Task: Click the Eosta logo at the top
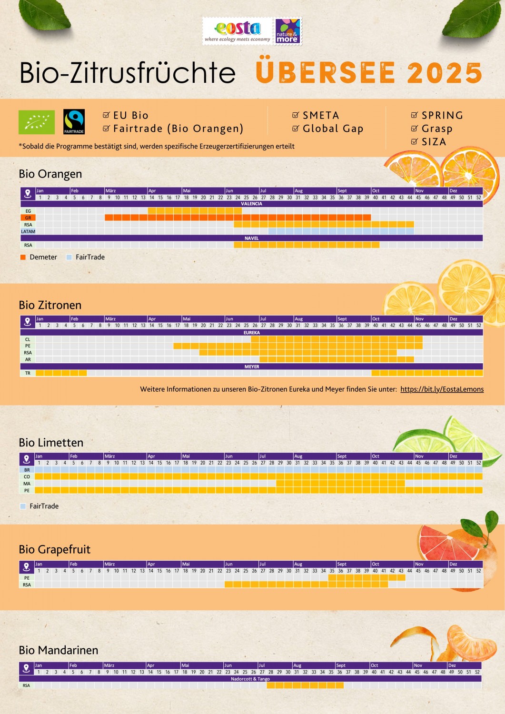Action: pyautogui.click(x=238, y=31)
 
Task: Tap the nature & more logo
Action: pyautogui.click(x=287, y=31)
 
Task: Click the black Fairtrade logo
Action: pyautogui.click(x=74, y=122)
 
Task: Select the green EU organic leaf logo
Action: pyautogui.click(x=37, y=122)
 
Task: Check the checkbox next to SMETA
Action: pyautogui.click(x=296, y=115)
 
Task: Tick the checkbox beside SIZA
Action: pyautogui.click(x=415, y=142)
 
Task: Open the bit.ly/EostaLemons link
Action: pyautogui.click(x=442, y=389)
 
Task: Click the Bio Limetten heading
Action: pyautogui.click(x=51, y=443)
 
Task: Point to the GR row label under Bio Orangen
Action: pyautogui.click(x=28, y=218)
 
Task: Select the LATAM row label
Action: pyautogui.click(x=28, y=232)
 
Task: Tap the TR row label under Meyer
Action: pyautogui.click(x=28, y=373)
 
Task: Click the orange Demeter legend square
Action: pyautogui.click(x=23, y=257)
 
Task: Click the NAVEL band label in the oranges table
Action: pyautogui.click(x=251, y=238)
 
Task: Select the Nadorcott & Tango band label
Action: pyautogui.click(x=250, y=679)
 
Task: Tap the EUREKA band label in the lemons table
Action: pyautogui.click(x=251, y=333)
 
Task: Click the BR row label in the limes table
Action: pyautogui.click(x=27, y=470)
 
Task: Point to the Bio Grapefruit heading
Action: pyautogui.click(x=54, y=550)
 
